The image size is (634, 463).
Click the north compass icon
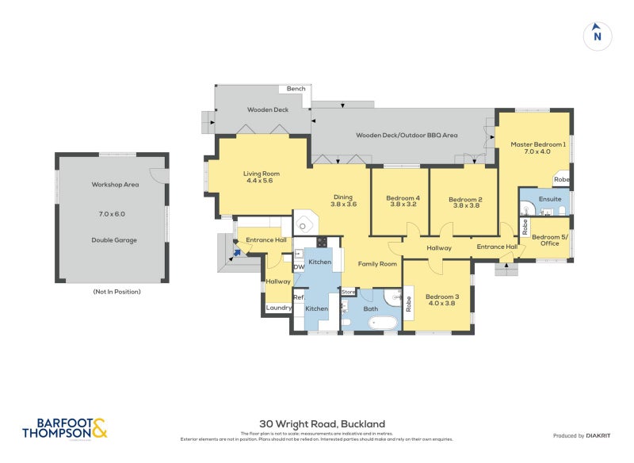coord(598,35)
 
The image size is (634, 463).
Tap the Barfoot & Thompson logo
coord(64,428)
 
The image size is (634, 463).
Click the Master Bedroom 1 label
coord(537,147)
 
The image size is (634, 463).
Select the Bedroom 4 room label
coord(403,201)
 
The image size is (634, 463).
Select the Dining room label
coord(342,201)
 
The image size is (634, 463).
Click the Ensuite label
coord(549,198)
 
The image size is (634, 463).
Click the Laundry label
coord(279,308)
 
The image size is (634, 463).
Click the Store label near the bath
coord(348,292)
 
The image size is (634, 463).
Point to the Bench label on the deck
coord(296,89)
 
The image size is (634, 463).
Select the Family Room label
coord(376,264)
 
